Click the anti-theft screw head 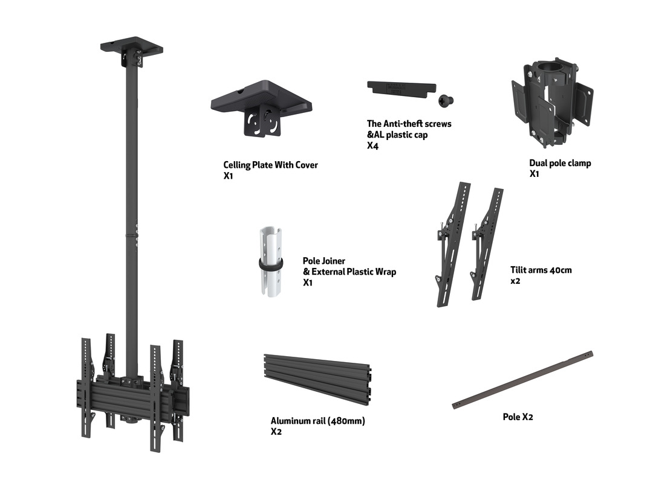point(446,100)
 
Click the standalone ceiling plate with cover point(261,108)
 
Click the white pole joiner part point(271,262)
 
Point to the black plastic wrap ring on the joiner point(271,264)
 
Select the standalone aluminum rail point(317,379)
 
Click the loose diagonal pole point(522,380)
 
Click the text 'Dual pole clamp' point(560,163)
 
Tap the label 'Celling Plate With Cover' point(270,165)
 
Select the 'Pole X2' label point(518,417)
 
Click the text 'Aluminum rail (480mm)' point(318,421)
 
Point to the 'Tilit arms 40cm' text point(541,270)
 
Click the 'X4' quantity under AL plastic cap point(372,145)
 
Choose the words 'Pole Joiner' point(324,261)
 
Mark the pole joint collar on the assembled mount point(132,236)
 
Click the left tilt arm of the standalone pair point(453,245)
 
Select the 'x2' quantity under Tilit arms point(515,281)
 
